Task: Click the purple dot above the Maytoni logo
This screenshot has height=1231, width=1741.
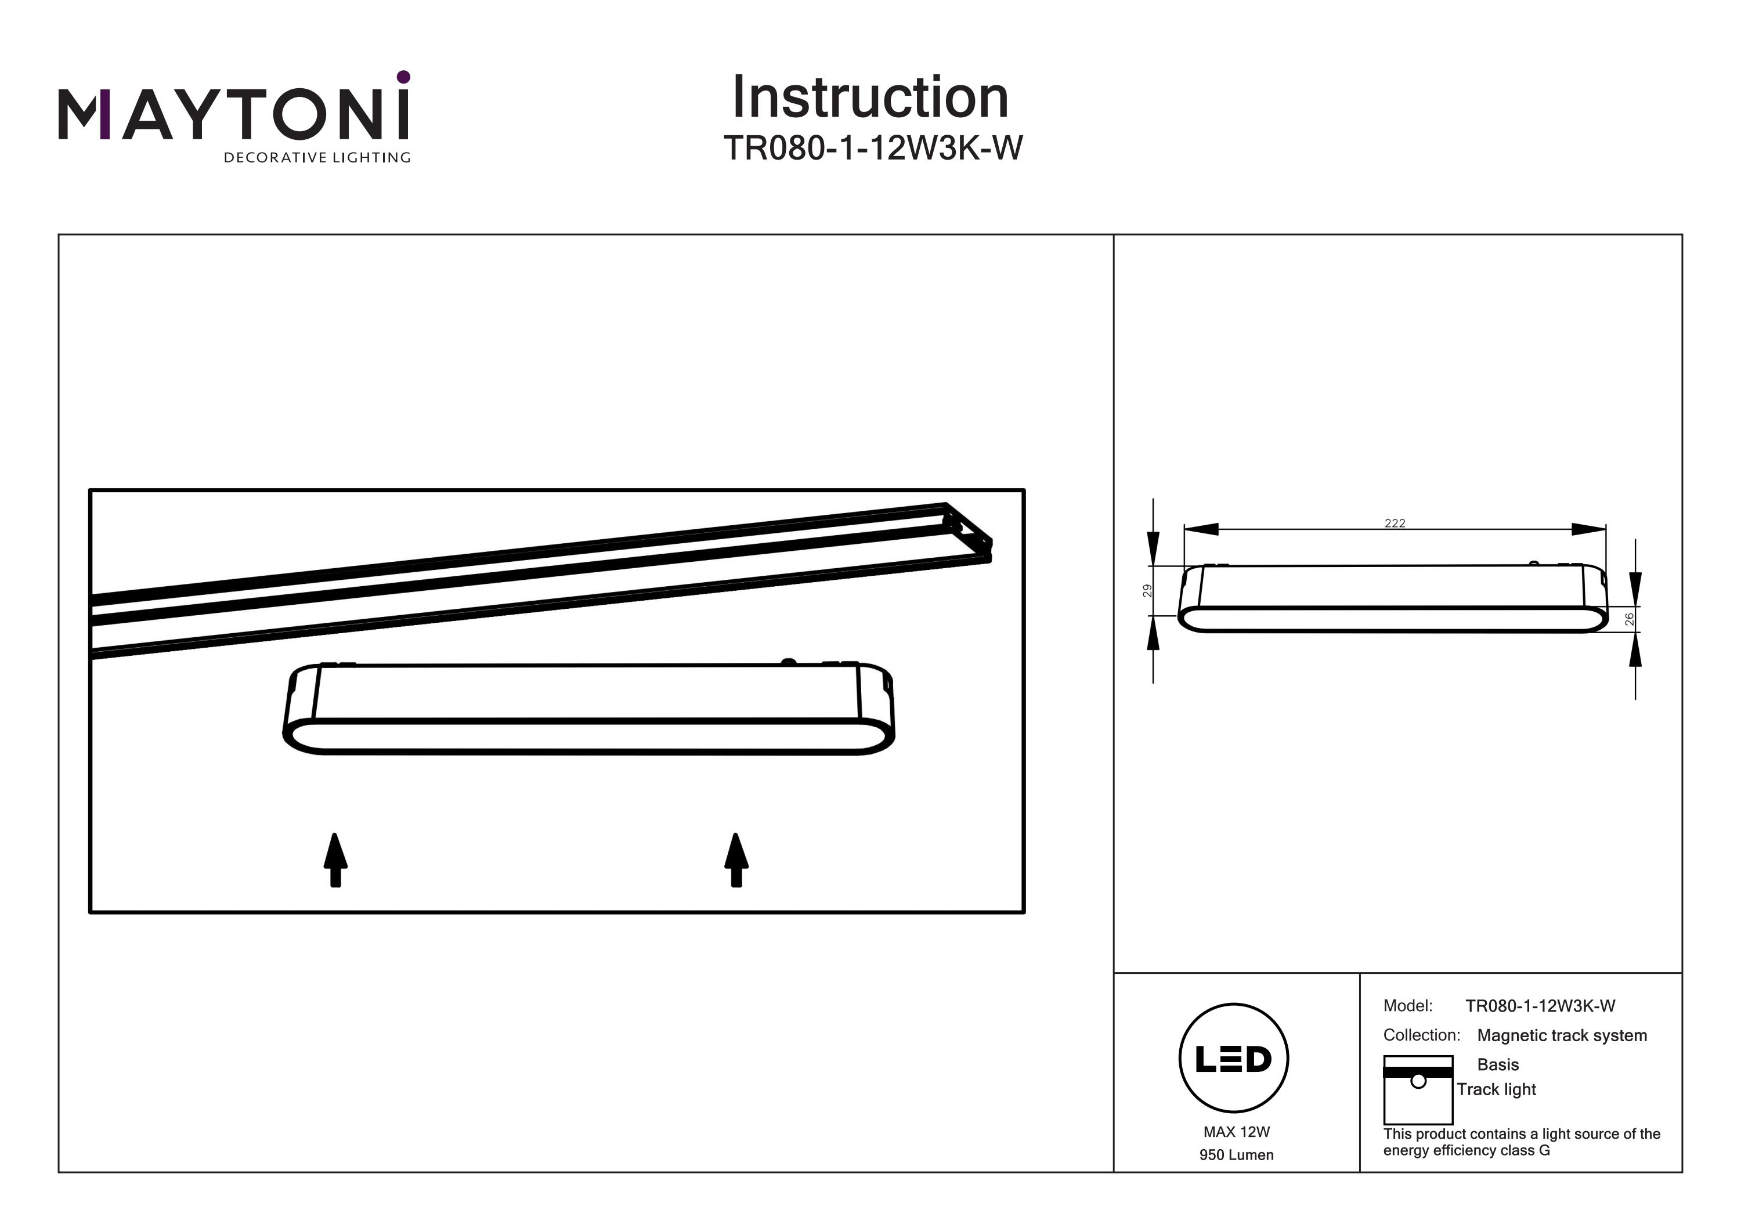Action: click(403, 77)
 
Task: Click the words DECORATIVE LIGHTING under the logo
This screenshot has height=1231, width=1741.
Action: click(316, 158)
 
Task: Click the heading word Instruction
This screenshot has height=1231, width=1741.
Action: click(870, 98)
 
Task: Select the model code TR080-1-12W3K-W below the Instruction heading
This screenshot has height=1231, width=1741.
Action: click(873, 149)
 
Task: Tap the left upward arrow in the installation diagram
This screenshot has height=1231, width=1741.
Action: click(335, 860)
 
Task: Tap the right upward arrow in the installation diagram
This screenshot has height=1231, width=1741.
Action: click(735, 860)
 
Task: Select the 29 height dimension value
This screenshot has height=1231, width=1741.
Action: click(1147, 590)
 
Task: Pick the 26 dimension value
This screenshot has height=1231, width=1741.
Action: click(1629, 619)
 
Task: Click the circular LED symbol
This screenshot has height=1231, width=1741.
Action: click(1234, 1059)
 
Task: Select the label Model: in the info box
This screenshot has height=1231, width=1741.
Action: click(1407, 1006)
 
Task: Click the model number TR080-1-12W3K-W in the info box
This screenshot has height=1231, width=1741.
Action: click(1540, 1006)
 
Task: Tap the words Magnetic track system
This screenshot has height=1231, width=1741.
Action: click(1562, 1035)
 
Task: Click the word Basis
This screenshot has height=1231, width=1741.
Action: click(1498, 1065)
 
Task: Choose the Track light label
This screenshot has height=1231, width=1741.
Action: click(1496, 1089)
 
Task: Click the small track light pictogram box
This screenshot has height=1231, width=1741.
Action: click(1418, 1090)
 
